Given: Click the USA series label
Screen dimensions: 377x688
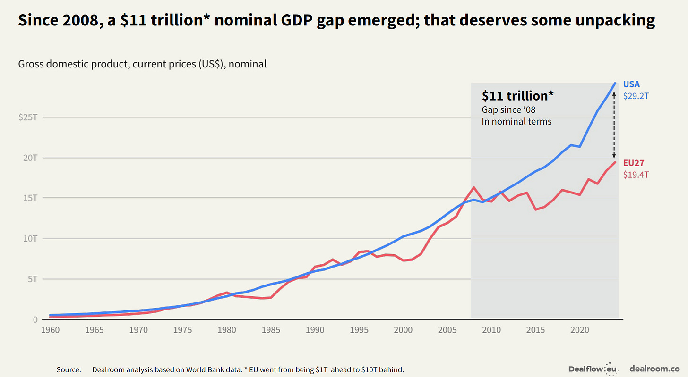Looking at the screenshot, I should tap(631, 84).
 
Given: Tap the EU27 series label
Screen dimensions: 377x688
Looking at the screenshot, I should tap(633, 163).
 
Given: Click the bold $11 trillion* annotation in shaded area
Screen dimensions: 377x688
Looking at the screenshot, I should tap(517, 96).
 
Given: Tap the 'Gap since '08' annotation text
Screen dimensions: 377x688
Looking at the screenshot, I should tap(508, 110).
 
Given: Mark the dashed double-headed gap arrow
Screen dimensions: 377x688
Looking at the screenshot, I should tap(614, 125).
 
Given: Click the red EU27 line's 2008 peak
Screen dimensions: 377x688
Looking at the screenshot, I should tap(474, 187).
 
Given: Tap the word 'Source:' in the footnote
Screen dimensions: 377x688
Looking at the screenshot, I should tap(69, 369).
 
